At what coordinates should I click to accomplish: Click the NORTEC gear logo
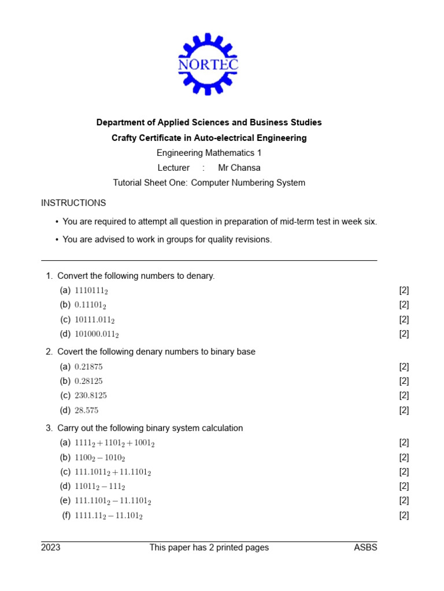click(208, 64)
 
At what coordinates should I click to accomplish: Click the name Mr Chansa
click(239, 168)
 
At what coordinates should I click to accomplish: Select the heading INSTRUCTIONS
click(73, 203)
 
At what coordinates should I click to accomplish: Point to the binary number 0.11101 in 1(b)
click(90, 305)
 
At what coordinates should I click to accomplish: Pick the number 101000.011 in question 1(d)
click(97, 334)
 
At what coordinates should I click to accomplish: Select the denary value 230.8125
click(91, 396)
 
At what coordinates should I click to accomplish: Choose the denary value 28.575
click(87, 410)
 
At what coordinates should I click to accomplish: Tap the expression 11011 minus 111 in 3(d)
click(100, 487)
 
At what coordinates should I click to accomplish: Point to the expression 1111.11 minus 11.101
click(109, 515)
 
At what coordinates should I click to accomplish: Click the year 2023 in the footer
click(50, 548)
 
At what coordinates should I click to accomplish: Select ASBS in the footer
click(365, 548)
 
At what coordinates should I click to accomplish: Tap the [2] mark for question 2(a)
click(404, 367)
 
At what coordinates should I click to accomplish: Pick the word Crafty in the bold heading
click(124, 138)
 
